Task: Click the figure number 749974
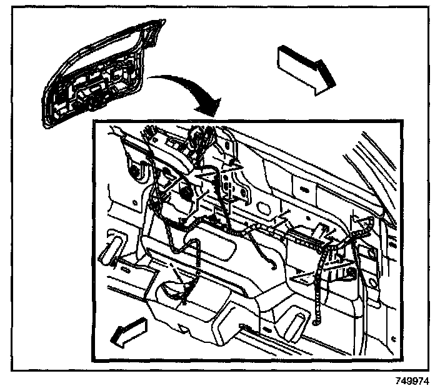[415, 380]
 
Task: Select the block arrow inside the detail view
[129, 332]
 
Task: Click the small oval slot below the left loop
[122, 265]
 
